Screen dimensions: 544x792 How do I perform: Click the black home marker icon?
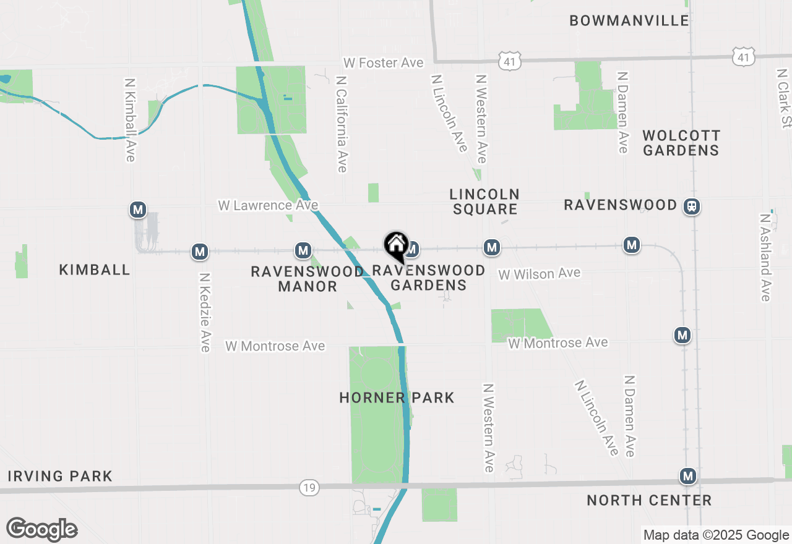(396, 246)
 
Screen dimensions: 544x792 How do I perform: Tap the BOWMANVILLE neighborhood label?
(629, 20)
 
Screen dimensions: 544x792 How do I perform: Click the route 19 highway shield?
(309, 488)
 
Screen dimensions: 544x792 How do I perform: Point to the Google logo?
(41, 530)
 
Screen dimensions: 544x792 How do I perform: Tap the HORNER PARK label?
(397, 397)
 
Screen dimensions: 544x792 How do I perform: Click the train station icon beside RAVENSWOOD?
(692, 206)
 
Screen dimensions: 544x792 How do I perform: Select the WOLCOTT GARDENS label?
(681, 143)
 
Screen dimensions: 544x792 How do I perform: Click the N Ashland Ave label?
(766, 257)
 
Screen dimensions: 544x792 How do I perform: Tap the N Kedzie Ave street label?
(204, 312)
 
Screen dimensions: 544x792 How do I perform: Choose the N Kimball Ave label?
(129, 119)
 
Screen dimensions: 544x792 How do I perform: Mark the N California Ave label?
(341, 124)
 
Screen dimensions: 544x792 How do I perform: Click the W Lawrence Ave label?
(268, 205)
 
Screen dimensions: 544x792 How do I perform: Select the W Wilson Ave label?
(539, 273)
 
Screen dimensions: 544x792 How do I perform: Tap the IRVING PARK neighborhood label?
(60, 476)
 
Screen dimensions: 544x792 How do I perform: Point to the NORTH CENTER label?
(649, 500)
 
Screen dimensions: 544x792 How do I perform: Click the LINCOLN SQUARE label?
(484, 202)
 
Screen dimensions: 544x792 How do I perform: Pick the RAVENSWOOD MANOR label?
(308, 279)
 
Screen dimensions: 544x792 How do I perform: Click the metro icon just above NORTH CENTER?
(687, 476)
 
